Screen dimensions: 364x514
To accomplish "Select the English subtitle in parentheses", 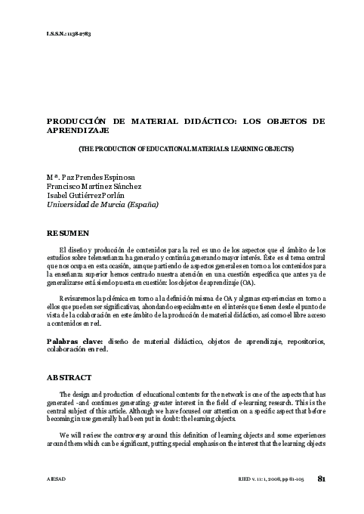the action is (x=186, y=149).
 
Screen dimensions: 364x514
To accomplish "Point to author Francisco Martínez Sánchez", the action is (x=94, y=186).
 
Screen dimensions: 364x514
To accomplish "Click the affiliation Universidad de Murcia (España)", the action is (x=103, y=204).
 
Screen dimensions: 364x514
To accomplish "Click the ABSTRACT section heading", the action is (x=69, y=376).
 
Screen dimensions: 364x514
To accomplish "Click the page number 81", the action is (x=322, y=478).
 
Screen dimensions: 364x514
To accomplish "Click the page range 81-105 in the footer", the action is (x=297, y=479).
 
